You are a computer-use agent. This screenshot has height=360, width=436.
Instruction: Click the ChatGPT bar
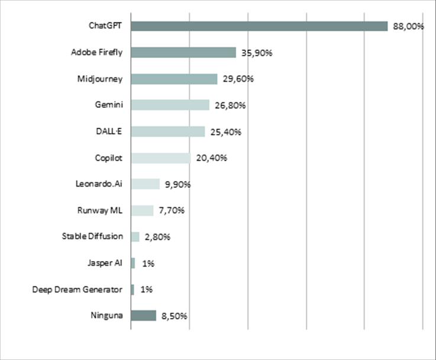pos(259,26)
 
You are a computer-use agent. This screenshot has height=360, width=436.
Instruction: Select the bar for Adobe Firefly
pos(183,53)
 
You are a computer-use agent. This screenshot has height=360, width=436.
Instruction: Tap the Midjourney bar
pos(174,79)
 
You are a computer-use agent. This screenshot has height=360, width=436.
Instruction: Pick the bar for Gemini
pos(170,105)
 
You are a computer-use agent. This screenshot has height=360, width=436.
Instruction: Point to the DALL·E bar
pos(167,131)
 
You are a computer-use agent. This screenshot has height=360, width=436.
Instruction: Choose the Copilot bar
pos(160,158)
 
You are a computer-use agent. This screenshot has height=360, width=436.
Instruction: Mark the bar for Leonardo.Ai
pos(145,184)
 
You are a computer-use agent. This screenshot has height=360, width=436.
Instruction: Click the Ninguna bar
pos(143,316)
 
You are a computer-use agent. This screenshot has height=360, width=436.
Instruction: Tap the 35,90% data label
pos(257,53)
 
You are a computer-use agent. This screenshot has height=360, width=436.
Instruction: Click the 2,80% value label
pos(157,237)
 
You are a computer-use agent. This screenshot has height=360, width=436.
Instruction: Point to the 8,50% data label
pos(175,316)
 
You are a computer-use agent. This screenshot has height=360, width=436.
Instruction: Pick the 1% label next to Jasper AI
pos(148,263)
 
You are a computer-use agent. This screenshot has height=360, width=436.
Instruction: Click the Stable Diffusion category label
pos(92,236)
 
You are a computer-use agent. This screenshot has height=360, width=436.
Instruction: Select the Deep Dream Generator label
pos(77,290)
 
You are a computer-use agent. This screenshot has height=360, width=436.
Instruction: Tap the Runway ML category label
pos(100,210)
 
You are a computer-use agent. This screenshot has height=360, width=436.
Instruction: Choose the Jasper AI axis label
pos(105,263)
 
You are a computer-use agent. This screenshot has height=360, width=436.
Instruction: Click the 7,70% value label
pos(172,211)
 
